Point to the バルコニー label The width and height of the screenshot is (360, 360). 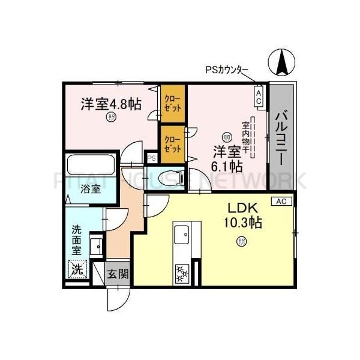280,130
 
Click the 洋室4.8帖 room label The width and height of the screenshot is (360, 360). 111,104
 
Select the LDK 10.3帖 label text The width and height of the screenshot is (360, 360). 242,215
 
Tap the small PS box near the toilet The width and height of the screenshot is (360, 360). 152,158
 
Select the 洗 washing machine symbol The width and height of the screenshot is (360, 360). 76,269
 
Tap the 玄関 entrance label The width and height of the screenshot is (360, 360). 118,274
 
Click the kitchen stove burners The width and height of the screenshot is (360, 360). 181,274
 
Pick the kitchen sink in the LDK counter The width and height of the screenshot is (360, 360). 181,235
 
